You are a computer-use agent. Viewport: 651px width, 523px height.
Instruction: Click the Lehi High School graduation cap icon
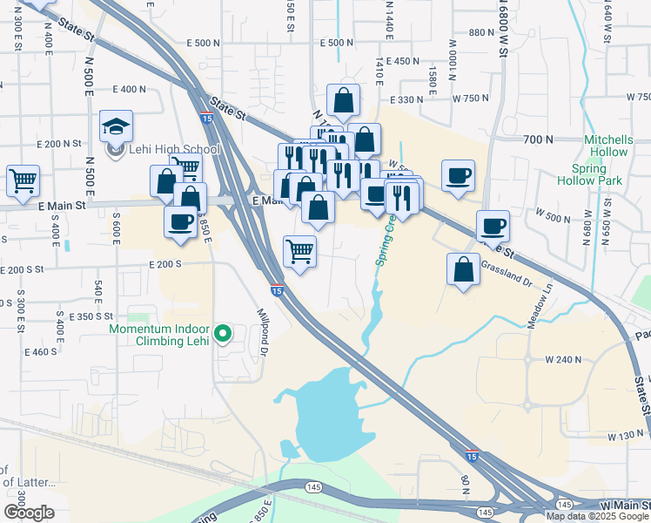coord(116,126)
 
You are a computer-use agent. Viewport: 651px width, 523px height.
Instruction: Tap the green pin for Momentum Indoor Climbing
coord(223,332)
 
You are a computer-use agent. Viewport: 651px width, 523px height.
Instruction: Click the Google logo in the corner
coord(28,513)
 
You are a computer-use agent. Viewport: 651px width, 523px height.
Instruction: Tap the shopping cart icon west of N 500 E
coord(23,181)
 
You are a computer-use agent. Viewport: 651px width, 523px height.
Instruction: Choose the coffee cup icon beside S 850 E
coord(180,221)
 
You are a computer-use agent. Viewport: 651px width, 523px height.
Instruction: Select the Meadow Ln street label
coord(540,309)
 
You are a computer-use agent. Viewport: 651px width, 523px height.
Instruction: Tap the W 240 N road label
coord(562,359)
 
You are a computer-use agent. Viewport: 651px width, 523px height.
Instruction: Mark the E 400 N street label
coord(128,89)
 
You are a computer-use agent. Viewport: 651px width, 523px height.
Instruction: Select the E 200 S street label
coord(164,263)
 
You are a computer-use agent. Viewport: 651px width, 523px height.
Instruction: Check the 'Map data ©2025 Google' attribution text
coord(597,516)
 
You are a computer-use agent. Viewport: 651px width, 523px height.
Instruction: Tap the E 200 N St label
coord(58,143)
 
